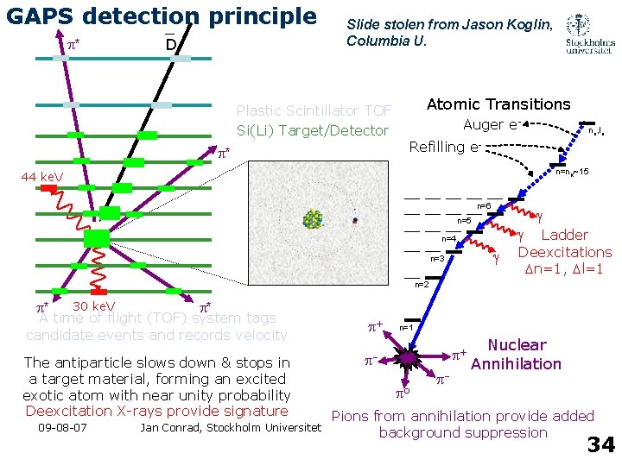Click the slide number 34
pyautogui.click(x=600, y=444)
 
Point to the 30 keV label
pyautogui.click(x=94, y=306)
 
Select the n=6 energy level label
pyautogui.click(x=484, y=205)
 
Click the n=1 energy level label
pyautogui.click(x=405, y=328)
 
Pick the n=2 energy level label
pyautogui.click(x=422, y=284)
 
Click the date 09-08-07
pyautogui.click(x=62, y=427)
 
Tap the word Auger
pyautogui.click(x=484, y=124)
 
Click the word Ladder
pyautogui.click(x=564, y=235)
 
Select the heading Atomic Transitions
pyautogui.click(x=498, y=104)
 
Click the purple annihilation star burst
pyautogui.click(x=407, y=358)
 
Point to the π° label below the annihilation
pyautogui.click(x=403, y=394)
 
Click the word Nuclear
pyautogui.click(x=517, y=345)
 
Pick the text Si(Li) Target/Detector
pyautogui.click(x=313, y=130)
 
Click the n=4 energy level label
pyautogui.click(x=449, y=238)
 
